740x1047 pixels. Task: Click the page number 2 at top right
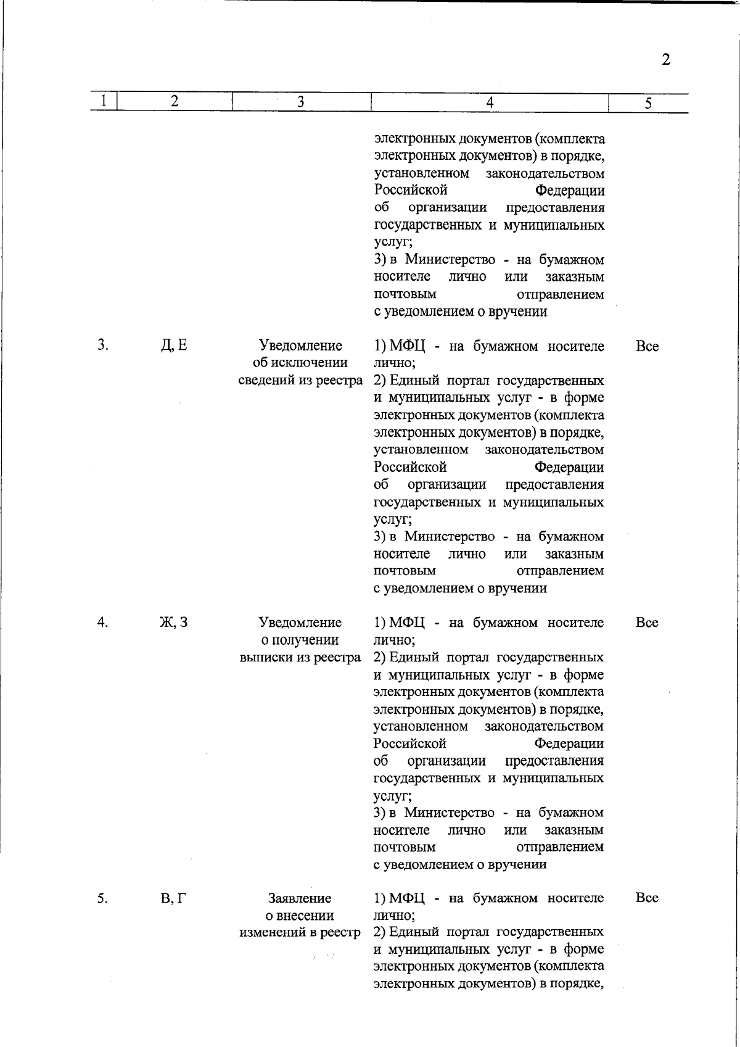click(665, 60)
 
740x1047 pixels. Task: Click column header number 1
click(104, 101)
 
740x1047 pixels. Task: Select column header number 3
click(300, 102)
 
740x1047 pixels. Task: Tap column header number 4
click(489, 103)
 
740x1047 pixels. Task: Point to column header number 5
click(648, 104)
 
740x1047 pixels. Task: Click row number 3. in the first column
click(103, 346)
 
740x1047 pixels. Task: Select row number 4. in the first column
click(103, 622)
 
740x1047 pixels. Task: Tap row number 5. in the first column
click(103, 898)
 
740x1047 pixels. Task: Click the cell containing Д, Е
click(174, 346)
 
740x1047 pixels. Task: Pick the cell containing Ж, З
click(174, 622)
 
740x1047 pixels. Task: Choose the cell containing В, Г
click(174, 898)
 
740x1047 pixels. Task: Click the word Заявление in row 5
click(300, 898)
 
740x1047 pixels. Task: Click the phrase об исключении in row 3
click(300, 363)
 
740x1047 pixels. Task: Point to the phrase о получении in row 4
click(300, 640)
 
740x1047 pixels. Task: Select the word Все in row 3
click(647, 346)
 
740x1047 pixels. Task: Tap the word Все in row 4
click(647, 623)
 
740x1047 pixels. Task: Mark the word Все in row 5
click(647, 898)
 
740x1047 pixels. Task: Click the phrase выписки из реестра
click(300, 657)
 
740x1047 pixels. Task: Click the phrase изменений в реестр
click(300, 933)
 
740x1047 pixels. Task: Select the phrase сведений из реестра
click(300, 380)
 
